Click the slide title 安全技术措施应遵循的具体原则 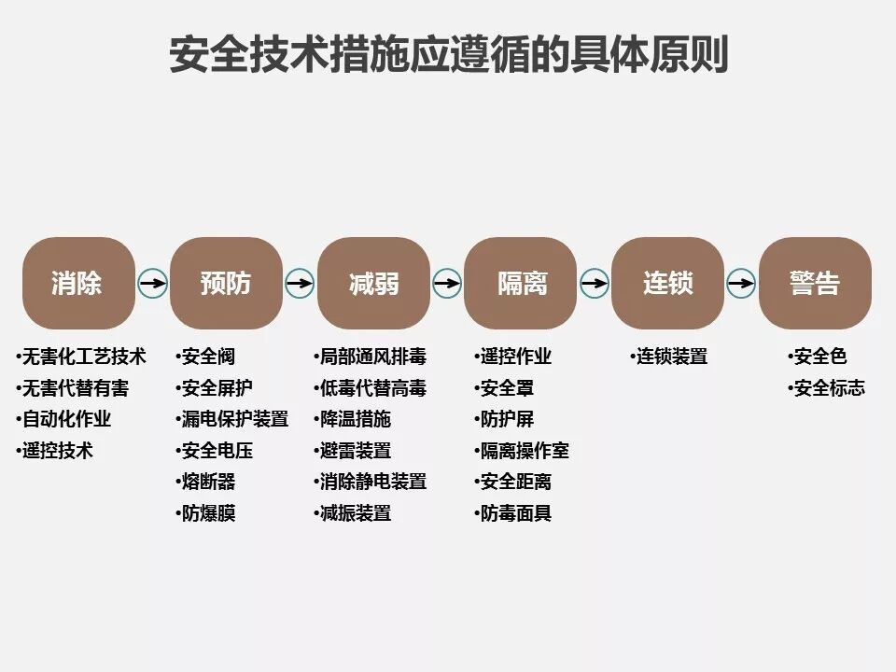pos(448,54)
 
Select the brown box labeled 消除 pos(78,283)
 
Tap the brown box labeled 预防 pos(226,283)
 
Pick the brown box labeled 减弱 pos(373,283)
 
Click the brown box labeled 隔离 pos(521,283)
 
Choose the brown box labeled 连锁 pos(668,283)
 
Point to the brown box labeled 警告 pos(815,283)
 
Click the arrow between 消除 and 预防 pos(152,283)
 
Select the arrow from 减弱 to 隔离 pos(447,283)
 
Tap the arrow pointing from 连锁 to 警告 pos(741,283)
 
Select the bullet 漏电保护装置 pos(234,419)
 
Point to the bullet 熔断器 pos(208,482)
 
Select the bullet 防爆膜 pos(208,513)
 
